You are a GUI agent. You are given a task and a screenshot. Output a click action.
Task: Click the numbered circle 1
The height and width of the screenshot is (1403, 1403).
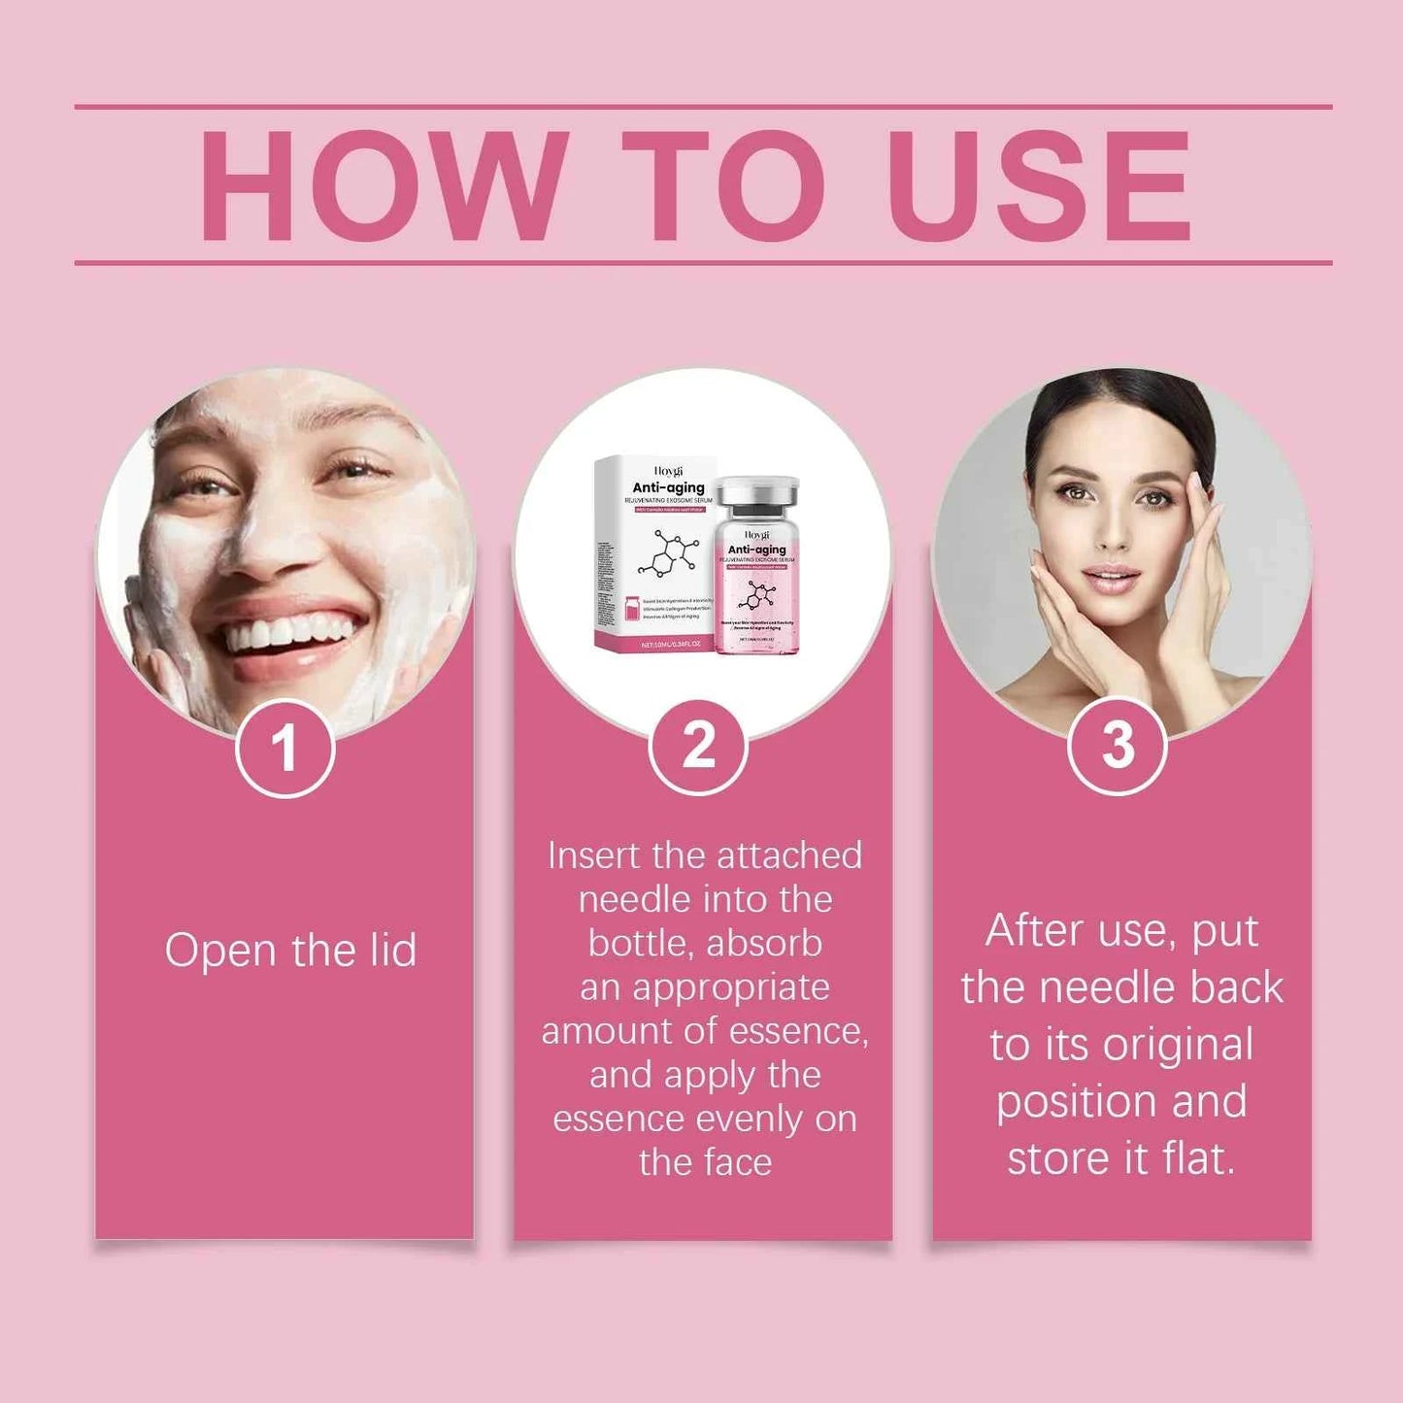[x=284, y=749]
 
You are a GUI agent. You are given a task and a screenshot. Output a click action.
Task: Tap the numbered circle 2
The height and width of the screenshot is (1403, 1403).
[x=698, y=747]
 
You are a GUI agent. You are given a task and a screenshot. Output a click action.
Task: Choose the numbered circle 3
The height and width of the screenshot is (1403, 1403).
[x=1118, y=747]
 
